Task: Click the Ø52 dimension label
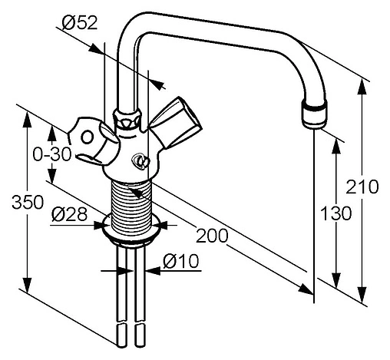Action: tap(80, 23)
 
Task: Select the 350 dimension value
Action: tap(28, 202)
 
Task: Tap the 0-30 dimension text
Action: tap(52, 154)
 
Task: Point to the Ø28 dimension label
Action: tap(69, 214)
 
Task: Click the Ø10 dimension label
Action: tap(180, 261)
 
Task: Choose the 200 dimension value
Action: tap(212, 236)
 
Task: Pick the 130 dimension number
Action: tap(335, 213)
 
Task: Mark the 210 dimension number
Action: tap(362, 187)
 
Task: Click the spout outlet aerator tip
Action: tap(315, 114)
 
